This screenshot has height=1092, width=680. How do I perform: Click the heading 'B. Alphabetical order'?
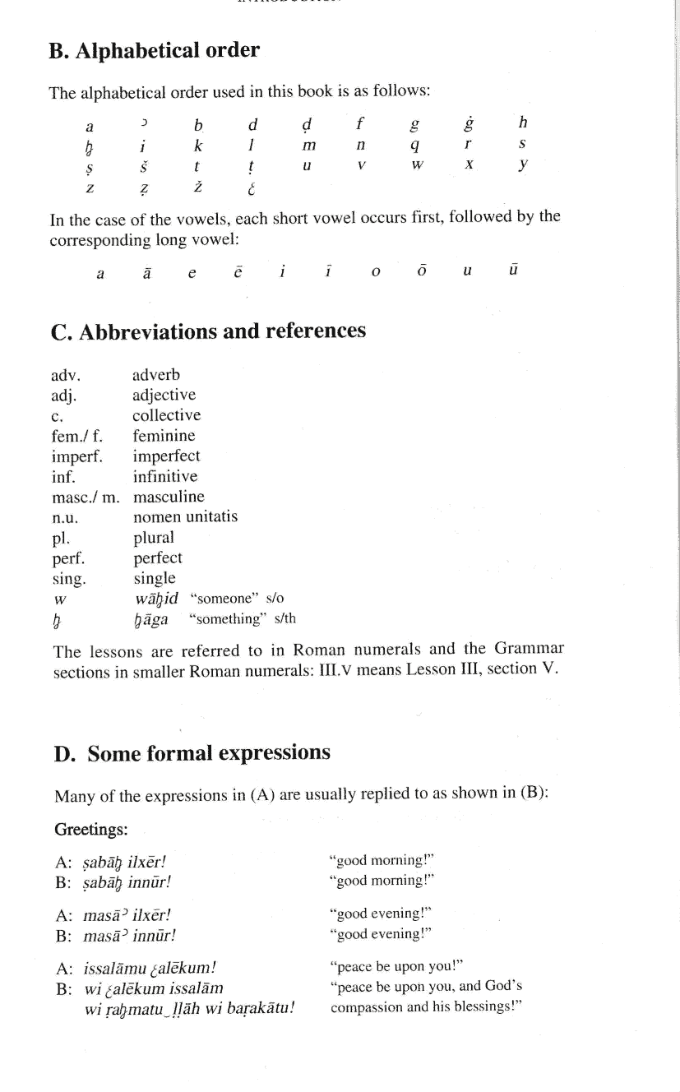point(154,51)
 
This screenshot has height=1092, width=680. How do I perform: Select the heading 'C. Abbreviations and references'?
point(208,331)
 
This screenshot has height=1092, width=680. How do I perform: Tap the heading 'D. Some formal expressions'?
point(192,752)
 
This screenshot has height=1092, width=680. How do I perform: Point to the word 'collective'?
point(166,415)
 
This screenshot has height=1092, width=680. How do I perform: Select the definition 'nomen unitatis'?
point(185,517)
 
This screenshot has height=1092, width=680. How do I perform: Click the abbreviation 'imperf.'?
point(76,456)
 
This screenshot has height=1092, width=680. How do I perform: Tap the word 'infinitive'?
point(165,477)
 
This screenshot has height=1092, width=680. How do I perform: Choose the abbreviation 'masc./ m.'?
point(86,497)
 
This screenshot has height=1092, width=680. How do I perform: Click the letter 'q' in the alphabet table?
point(415,146)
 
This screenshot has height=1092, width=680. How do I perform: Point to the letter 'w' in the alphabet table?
point(416,165)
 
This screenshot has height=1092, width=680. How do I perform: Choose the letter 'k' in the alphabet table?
point(198,145)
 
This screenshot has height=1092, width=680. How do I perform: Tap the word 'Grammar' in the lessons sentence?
point(525,652)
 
